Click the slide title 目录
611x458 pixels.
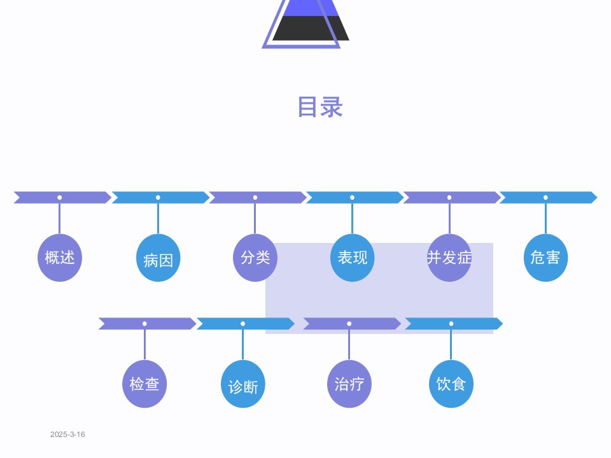click(x=320, y=107)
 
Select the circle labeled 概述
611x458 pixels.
click(x=60, y=258)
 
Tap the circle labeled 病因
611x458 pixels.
click(x=158, y=258)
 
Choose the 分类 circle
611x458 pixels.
click(x=255, y=258)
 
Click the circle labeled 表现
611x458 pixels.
click(x=352, y=258)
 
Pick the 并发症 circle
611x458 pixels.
click(x=449, y=258)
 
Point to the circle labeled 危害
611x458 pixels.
click(x=545, y=258)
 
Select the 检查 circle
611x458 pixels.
click(x=144, y=384)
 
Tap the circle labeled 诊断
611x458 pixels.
click(x=243, y=384)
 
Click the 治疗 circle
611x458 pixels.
click(x=349, y=384)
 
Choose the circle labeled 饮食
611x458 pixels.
click(x=451, y=384)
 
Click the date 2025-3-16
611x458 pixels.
click(x=67, y=434)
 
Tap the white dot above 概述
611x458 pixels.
click(x=60, y=197)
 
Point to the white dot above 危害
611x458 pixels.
click(x=545, y=197)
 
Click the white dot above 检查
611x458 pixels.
click(x=144, y=324)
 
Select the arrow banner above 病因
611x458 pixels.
click(x=160, y=197)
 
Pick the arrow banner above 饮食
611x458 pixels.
click(x=454, y=324)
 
